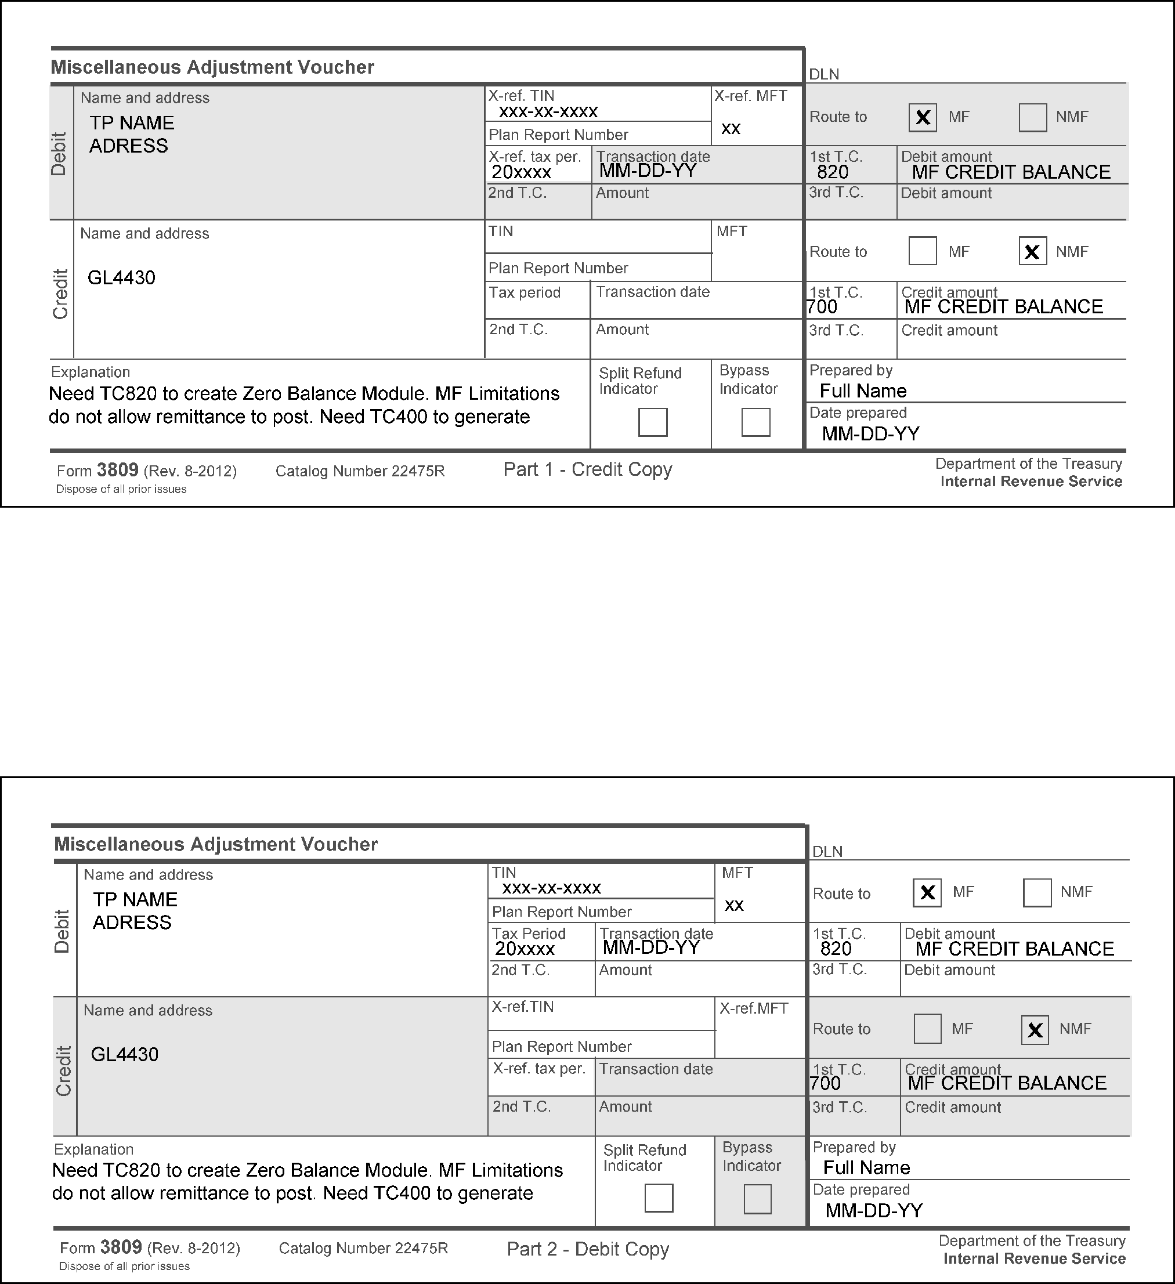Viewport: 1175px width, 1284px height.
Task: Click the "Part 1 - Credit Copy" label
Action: point(587,469)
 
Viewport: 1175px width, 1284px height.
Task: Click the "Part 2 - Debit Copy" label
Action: point(588,1249)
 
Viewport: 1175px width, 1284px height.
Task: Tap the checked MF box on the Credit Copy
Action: point(922,118)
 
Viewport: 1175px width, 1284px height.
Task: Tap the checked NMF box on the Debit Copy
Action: point(1035,1030)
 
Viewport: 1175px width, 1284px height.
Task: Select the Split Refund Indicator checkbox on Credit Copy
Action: point(653,422)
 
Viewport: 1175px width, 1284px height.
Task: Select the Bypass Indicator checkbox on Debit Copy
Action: point(757,1199)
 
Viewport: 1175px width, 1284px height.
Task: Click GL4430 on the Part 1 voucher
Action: point(121,278)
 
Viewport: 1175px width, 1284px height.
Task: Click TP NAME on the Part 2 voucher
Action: point(135,899)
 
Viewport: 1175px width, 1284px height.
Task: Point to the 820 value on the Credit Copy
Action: point(833,172)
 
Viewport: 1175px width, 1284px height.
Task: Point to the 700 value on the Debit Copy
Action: point(825,1083)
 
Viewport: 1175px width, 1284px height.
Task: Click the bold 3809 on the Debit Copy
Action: point(121,1246)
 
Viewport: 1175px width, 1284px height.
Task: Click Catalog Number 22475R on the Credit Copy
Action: point(360,471)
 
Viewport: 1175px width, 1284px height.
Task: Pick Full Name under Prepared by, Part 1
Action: point(863,390)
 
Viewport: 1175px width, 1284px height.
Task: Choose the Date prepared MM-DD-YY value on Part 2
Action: point(874,1210)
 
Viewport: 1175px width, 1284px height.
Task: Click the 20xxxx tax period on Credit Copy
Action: point(521,172)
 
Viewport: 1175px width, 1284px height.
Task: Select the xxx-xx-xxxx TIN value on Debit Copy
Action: point(551,888)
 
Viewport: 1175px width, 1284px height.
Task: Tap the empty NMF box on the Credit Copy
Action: point(1032,118)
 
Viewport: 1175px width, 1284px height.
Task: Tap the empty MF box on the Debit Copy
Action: point(927,1029)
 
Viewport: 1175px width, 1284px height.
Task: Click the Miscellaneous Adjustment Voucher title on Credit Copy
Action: point(212,67)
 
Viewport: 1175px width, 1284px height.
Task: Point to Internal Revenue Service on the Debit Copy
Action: point(1034,1258)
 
